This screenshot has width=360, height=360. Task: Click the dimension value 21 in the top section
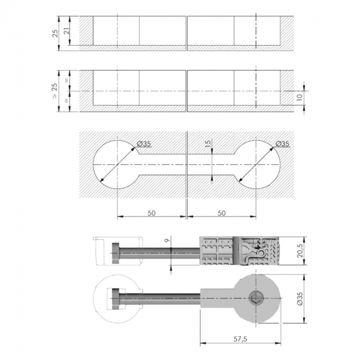point(67,31)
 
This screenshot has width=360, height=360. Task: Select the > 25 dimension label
point(55,91)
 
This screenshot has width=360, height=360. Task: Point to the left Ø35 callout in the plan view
point(144,144)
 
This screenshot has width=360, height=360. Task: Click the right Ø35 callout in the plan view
point(282,144)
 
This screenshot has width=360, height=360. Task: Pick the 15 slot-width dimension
point(207,144)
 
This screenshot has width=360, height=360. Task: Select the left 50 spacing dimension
point(152,213)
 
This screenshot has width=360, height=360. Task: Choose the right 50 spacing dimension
point(222,213)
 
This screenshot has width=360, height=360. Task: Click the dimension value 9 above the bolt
point(168,241)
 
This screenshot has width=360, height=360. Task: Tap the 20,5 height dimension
point(300,251)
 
